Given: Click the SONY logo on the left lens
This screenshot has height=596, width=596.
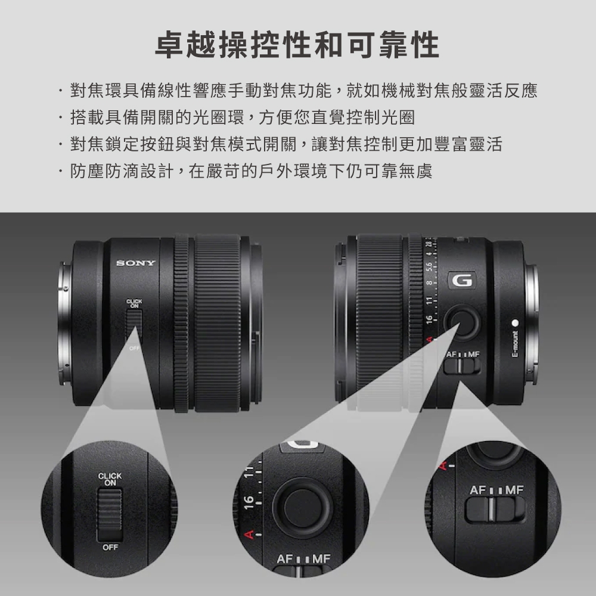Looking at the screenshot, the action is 136,263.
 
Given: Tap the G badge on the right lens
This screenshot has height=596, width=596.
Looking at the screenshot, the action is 462,280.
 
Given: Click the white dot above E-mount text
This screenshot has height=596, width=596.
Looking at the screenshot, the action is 515,323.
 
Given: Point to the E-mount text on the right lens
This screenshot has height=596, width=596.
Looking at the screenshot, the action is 515,344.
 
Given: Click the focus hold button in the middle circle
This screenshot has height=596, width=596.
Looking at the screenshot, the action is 303,508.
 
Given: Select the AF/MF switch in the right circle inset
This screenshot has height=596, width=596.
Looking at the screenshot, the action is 495,508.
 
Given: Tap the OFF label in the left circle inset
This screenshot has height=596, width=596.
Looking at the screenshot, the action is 110,547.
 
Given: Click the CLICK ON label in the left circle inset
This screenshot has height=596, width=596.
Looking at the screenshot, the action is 110,479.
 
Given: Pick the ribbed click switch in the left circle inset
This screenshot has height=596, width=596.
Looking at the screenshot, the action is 110,515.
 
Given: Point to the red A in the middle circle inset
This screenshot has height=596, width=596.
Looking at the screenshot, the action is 249,535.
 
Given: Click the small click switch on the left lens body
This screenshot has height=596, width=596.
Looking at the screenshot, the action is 134,324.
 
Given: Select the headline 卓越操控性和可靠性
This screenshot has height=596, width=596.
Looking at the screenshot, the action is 297,45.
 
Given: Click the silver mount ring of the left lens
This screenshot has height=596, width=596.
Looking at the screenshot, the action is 64,323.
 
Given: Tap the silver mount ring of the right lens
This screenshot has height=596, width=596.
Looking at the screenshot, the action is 532,323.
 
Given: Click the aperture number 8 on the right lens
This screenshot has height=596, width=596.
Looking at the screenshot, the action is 429,283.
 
